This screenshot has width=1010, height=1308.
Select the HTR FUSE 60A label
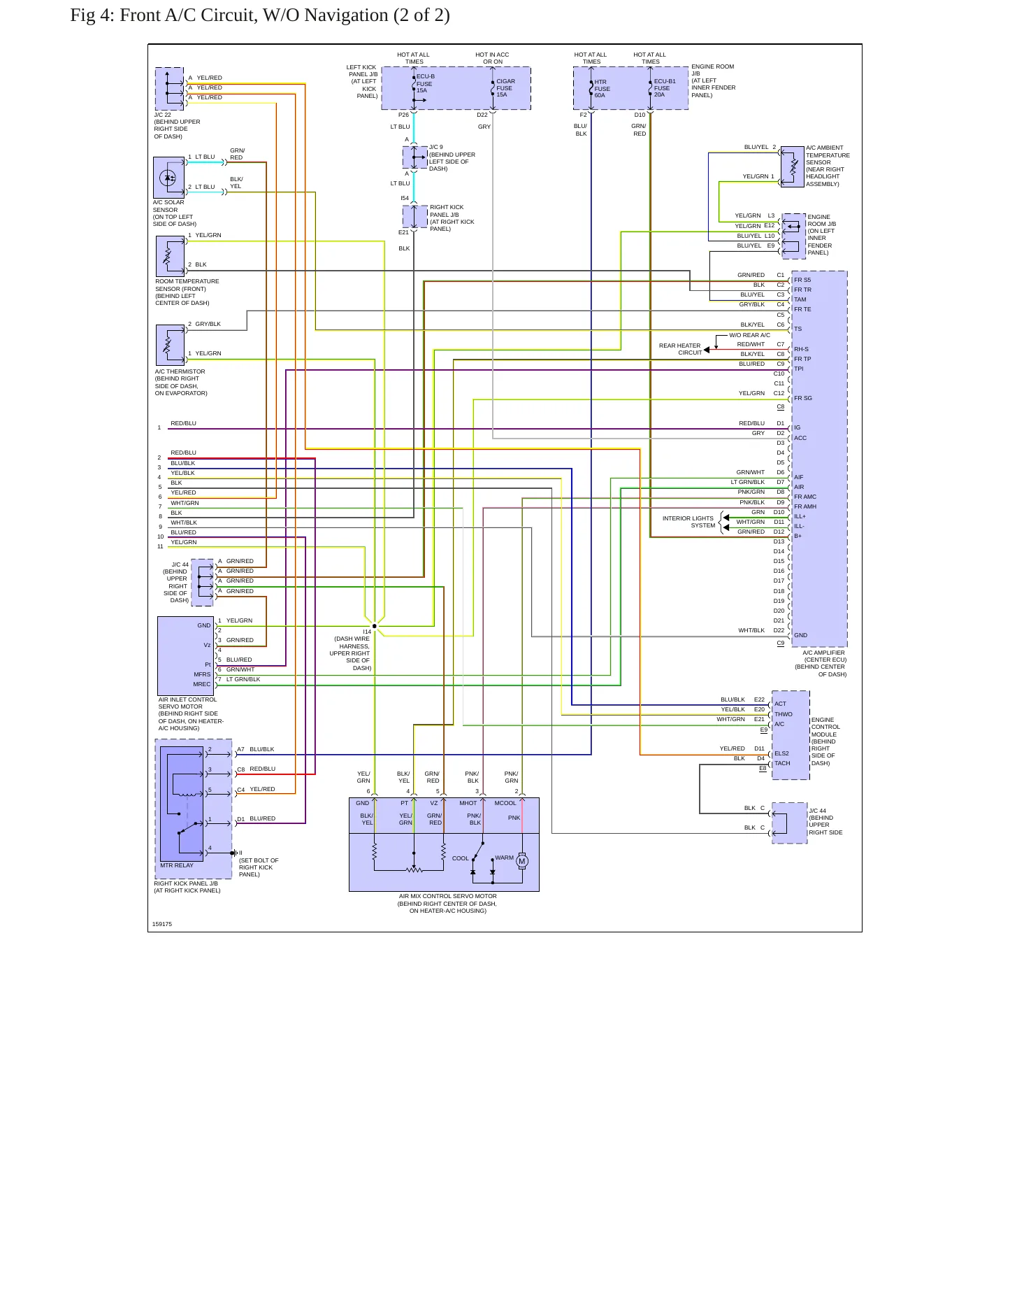603,89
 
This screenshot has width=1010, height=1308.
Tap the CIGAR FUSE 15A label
505,88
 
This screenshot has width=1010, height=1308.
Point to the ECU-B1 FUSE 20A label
665,88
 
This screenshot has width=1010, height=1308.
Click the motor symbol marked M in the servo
521,861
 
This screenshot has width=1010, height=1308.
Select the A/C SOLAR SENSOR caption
175,213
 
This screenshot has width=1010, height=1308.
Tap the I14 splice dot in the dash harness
375,626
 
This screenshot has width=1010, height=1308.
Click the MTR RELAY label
177,865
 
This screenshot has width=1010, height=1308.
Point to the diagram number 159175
162,924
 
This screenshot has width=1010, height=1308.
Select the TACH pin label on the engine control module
782,763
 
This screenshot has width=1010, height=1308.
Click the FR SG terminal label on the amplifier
803,398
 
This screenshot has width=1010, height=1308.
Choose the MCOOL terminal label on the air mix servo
505,803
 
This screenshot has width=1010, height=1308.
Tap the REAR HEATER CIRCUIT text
680,349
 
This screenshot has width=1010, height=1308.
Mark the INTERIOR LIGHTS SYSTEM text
688,522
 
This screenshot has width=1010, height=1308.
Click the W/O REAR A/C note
749,335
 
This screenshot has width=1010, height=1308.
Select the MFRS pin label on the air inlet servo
202,674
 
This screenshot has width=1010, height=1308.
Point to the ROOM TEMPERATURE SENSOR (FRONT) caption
187,292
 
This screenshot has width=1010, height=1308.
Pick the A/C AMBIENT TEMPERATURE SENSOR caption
828,166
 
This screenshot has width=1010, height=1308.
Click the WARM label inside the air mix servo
504,858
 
